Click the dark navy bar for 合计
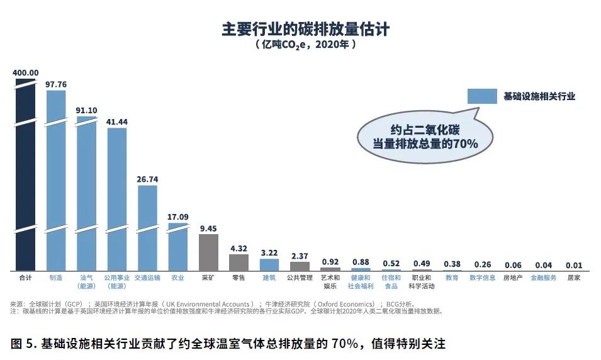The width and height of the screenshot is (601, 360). click(x=26, y=176)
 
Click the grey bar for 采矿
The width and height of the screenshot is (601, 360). click(x=208, y=252)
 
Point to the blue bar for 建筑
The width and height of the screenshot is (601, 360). click(x=269, y=264)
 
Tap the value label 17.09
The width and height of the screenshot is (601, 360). click(x=177, y=217)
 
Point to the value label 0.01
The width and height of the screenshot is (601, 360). click(x=573, y=264)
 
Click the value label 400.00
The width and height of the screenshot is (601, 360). click(x=26, y=72)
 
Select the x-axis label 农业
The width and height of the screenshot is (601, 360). click(x=177, y=278)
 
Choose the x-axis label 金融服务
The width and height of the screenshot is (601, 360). click(x=543, y=278)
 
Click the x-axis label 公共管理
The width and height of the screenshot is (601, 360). click(x=300, y=278)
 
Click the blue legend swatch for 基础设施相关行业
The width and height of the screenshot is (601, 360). click(x=482, y=96)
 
